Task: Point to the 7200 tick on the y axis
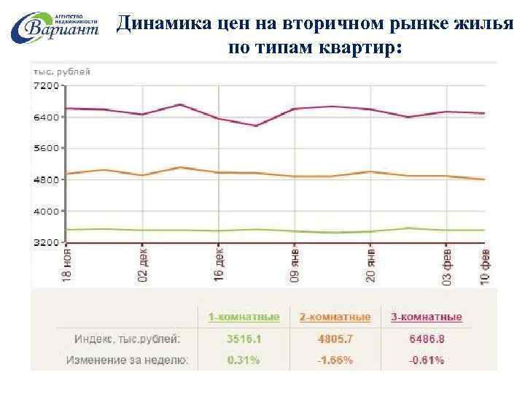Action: pos(46,85)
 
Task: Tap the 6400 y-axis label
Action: pos(46,117)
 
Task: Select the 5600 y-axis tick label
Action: pos(46,148)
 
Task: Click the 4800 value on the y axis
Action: pos(46,179)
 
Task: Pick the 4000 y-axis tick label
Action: pos(46,211)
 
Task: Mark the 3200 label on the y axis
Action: pos(46,242)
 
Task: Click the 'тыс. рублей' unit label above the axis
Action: pos(61,72)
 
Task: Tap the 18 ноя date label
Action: pos(67,265)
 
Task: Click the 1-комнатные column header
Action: pos(244,317)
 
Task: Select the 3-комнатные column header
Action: pos(426,317)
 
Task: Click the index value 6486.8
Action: pos(426,339)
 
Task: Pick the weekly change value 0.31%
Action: pos(244,360)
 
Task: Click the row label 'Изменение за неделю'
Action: pos(127,360)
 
